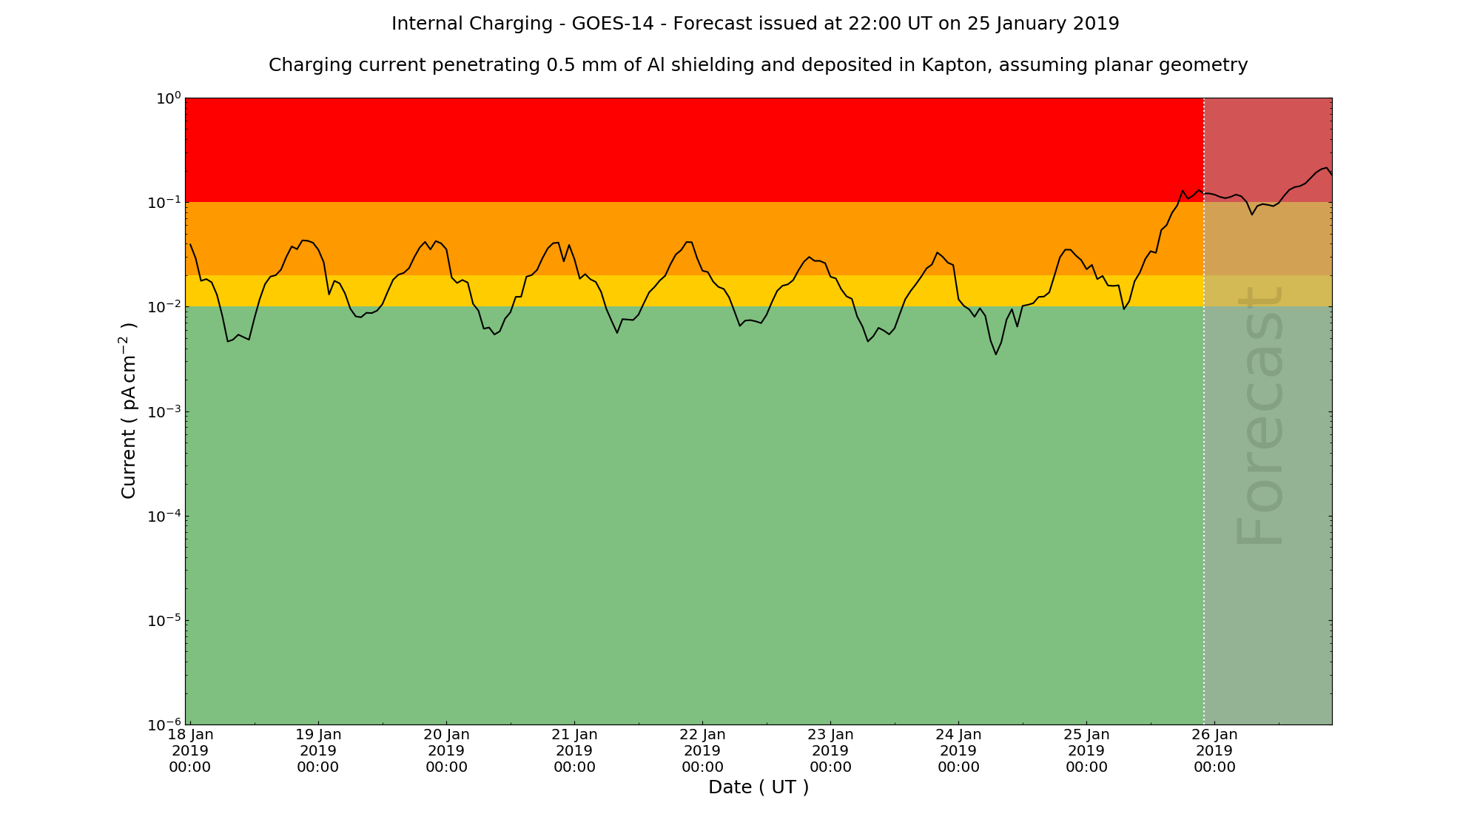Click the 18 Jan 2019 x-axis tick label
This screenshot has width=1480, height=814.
[x=190, y=750]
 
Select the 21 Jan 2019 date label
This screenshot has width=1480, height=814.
[x=574, y=750]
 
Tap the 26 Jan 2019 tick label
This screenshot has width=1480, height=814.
[x=1214, y=750]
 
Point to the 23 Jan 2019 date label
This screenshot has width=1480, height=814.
[x=830, y=750]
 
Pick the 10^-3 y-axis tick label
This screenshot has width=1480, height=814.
[x=164, y=412]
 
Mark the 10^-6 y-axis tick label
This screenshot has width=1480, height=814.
[x=164, y=725]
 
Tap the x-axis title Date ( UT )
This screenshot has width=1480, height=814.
[x=758, y=787]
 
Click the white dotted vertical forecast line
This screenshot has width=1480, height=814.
[x=1204, y=444]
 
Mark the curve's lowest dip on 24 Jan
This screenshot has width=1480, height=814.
[x=995, y=354]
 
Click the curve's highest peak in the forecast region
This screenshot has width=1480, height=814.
[x=1325, y=168]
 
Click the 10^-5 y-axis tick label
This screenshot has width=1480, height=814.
[x=164, y=621]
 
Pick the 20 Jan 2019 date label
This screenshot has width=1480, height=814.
[x=446, y=750]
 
